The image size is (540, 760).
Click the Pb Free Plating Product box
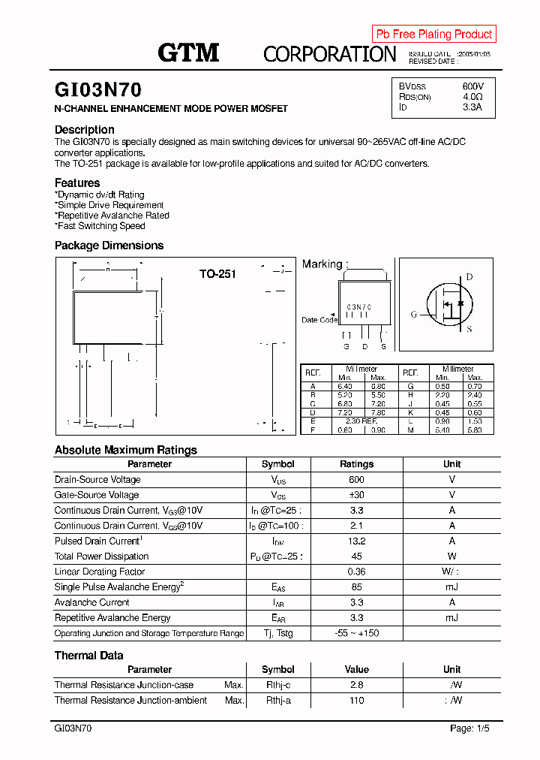coord(433,34)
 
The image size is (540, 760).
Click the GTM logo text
coord(188,53)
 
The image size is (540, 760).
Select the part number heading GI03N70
coord(97,90)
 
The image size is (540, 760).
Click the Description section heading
coord(85,129)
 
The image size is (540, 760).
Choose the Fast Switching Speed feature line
coord(100,226)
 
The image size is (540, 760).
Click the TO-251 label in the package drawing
coord(217,274)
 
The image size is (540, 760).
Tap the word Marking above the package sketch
coord(322,264)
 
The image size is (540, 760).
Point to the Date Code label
coord(319,320)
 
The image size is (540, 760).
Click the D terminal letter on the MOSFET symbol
coord(469,277)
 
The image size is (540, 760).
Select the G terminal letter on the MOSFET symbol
coord(413,315)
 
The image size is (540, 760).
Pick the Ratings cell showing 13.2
coord(357,541)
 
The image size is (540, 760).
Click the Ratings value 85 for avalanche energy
coord(357,587)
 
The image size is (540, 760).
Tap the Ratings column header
coord(357,464)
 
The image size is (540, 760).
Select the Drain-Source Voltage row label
coord(97,480)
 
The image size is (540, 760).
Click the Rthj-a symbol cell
coord(277,701)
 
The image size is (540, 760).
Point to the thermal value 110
coord(357,701)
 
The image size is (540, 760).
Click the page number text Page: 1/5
coord(469,728)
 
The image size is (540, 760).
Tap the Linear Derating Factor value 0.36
coord(357,572)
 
